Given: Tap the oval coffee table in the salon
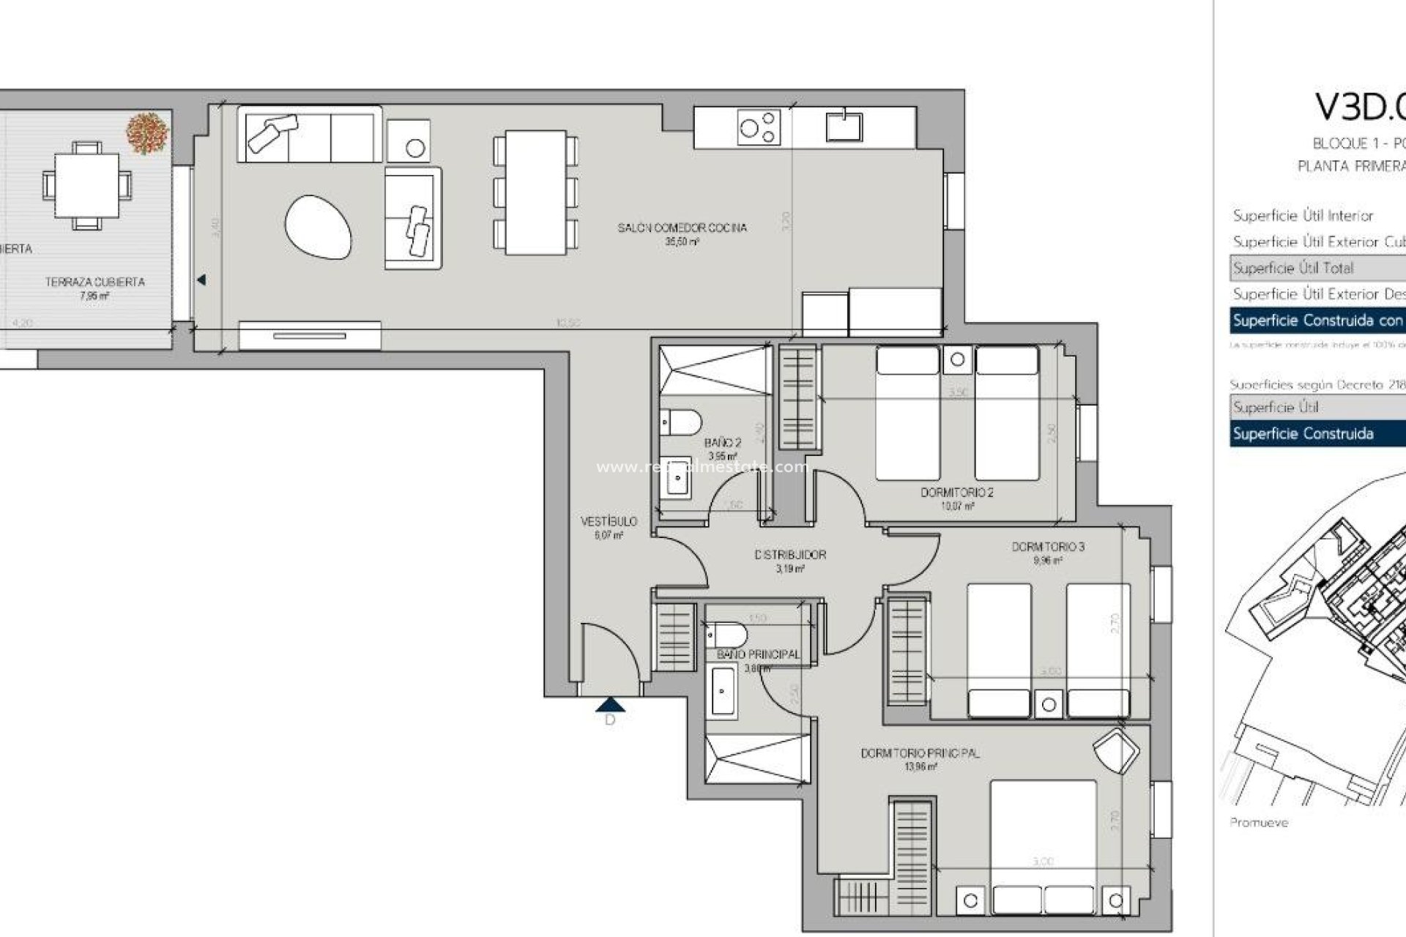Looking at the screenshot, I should (318, 227).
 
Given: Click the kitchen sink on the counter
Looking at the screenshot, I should (844, 125).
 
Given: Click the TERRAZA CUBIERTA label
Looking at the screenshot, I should (94, 282).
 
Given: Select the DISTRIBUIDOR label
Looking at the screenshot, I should (790, 555).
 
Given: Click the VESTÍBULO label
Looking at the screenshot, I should (609, 521).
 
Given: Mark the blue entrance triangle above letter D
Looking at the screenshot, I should (610, 705).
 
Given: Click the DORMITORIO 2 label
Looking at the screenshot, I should (956, 493).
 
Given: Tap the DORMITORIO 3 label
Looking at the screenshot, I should (1048, 547).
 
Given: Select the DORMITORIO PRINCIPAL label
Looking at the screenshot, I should (920, 753).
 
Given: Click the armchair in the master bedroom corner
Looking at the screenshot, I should (1115, 750).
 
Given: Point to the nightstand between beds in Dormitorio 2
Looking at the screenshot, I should (957, 359).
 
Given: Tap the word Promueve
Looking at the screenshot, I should (1258, 823).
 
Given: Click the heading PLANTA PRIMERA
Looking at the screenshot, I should (1351, 167).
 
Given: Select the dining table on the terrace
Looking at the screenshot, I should (86, 184).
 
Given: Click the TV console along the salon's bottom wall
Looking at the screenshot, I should (309, 335).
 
